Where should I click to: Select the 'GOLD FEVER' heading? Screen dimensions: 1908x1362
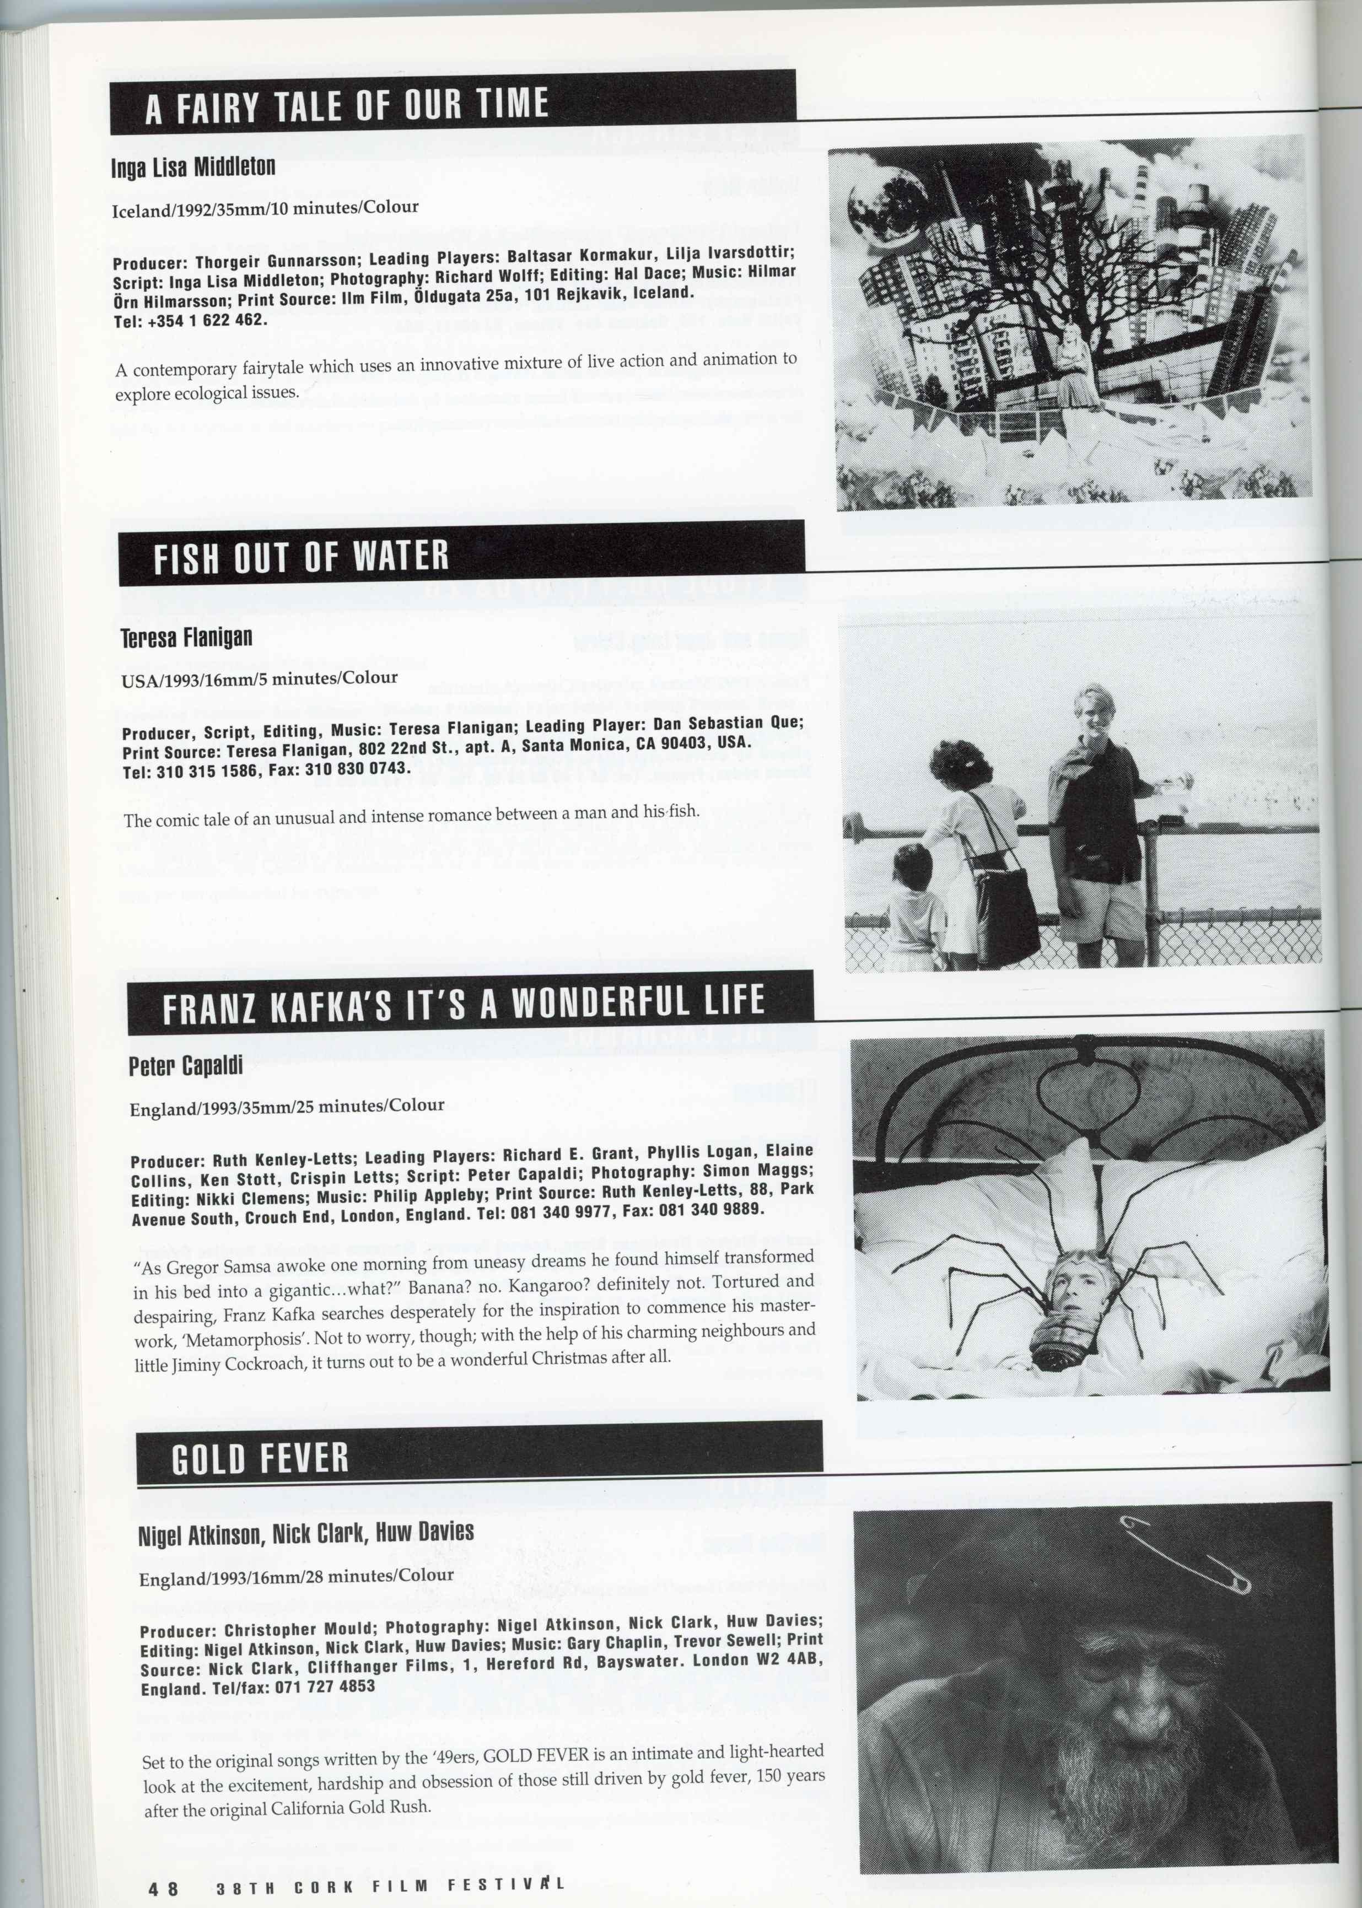260,1459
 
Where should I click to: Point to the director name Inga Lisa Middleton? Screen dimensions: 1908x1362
193,168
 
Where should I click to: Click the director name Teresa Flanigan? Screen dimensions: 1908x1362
187,638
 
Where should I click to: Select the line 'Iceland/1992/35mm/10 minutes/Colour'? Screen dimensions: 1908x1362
265,208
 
